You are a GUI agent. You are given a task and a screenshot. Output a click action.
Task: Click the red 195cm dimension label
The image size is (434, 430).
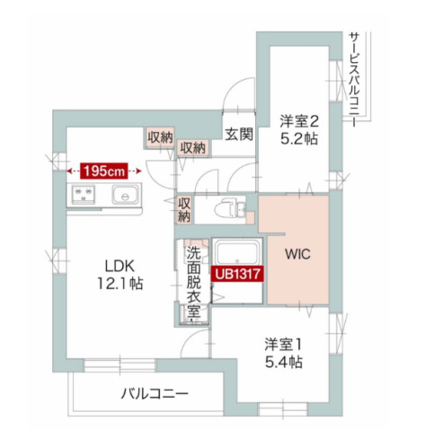click(x=103, y=171)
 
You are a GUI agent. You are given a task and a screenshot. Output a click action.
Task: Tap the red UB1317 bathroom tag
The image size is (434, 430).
click(x=237, y=274)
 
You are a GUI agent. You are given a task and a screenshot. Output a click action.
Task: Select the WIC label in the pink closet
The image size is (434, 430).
click(x=297, y=254)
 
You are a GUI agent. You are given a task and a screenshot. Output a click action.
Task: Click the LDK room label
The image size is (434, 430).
click(x=119, y=266)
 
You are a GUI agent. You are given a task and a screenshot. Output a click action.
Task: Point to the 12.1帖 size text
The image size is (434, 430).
click(x=120, y=284)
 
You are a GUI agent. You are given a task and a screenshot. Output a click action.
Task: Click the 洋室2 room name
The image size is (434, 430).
click(x=298, y=121)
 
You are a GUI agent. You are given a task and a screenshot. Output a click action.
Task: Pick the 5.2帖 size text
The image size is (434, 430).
click(x=298, y=138)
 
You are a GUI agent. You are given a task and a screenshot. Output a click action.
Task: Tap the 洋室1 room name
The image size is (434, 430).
click(x=283, y=345)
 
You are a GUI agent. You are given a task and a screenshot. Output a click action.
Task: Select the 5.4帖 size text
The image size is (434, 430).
click(x=283, y=362)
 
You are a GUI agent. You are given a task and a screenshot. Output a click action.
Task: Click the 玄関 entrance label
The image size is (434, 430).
click(x=239, y=134)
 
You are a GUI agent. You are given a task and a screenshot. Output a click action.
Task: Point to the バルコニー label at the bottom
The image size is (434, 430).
click(x=155, y=393)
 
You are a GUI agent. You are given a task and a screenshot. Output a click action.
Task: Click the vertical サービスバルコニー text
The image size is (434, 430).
click(x=355, y=80)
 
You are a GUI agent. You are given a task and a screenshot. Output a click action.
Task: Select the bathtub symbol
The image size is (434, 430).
click(x=237, y=253)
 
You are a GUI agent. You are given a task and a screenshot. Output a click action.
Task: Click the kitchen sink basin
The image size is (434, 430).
click(x=126, y=195)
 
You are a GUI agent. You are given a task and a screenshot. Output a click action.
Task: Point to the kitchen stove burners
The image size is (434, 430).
click(x=84, y=195)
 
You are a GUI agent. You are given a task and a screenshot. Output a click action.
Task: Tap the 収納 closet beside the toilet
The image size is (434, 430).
click(x=184, y=210)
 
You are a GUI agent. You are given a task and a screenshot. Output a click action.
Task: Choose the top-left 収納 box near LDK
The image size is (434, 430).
click(x=160, y=137)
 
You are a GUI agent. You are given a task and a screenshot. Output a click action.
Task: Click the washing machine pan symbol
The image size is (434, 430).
click(x=195, y=315)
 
